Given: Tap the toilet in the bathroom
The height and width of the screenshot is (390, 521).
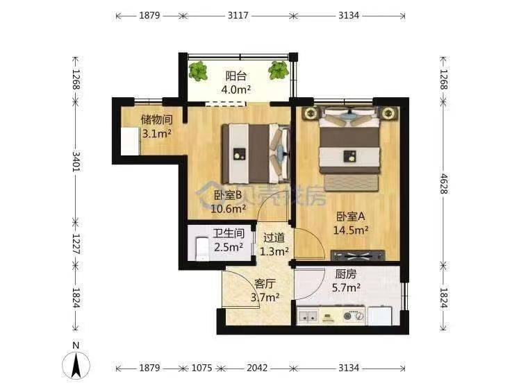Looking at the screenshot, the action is (201, 249).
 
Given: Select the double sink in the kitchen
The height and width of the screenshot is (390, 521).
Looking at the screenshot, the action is (308, 316).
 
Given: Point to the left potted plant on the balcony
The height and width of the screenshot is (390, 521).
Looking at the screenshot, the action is (198, 71).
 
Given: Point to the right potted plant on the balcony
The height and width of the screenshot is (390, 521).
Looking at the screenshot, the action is (279, 70).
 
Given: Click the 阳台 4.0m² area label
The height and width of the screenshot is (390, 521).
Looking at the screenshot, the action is (236, 83).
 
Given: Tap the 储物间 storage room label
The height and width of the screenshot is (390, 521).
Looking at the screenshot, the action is (156, 126).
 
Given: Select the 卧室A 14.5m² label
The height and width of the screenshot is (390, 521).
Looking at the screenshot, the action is (351, 223).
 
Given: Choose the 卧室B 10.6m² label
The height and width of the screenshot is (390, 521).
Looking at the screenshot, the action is (229, 202).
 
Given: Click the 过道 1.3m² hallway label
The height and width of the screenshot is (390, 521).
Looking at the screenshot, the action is (274, 245).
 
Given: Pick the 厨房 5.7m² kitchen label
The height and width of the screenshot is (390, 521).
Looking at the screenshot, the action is (346, 281).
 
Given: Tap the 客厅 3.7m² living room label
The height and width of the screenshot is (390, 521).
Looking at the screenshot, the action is (265, 291).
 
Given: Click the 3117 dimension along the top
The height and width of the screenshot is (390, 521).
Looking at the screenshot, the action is (238, 15).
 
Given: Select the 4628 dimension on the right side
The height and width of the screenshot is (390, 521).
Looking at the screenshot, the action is (444, 183).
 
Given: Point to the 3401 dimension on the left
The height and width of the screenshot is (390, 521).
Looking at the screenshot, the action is (76, 161).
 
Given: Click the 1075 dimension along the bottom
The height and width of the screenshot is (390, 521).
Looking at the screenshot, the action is (202, 368).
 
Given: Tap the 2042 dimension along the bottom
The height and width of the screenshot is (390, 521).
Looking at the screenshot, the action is (257, 368).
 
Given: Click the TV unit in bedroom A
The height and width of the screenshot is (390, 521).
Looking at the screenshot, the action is (358, 255).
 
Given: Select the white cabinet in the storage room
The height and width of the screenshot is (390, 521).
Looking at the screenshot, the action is (130, 141).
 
